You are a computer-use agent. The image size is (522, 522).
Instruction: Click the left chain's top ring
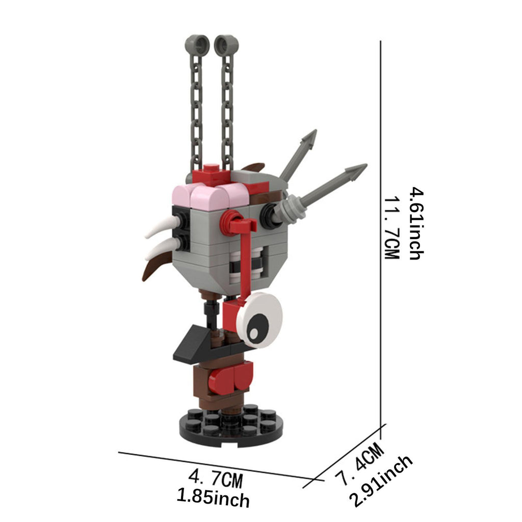pos(197,45)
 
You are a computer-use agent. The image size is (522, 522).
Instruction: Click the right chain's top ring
pos(226,45)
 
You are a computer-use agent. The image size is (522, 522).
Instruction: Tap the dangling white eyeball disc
pos(259,320)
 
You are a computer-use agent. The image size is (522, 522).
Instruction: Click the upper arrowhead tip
pos(316,130)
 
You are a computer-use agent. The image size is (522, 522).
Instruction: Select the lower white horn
pos(162,248)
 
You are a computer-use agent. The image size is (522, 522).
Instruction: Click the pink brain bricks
pos(210,197)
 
